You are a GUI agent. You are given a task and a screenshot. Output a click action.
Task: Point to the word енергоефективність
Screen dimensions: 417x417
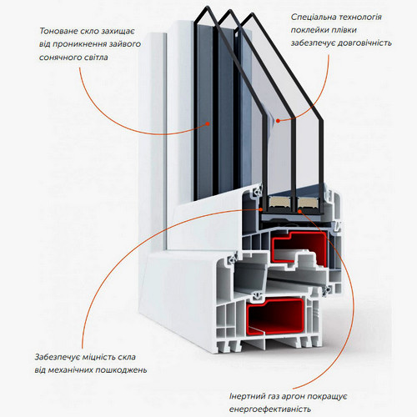pos(269,409)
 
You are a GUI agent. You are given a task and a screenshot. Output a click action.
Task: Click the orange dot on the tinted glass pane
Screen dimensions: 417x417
pos(208,123)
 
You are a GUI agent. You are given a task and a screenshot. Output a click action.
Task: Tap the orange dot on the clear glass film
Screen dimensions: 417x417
pos(278,121)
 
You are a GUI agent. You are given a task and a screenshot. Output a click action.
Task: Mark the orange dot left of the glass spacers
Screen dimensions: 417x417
pos(261,209)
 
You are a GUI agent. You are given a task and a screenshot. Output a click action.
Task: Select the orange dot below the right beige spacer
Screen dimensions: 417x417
pos(299,212)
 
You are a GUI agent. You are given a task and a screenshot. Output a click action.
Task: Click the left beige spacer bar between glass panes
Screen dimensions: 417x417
pos(279,202)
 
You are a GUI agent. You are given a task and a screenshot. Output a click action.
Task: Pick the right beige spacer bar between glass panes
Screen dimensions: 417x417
pos(308,202)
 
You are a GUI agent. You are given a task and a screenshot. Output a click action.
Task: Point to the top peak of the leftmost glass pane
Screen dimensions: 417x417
pos(206,7)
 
